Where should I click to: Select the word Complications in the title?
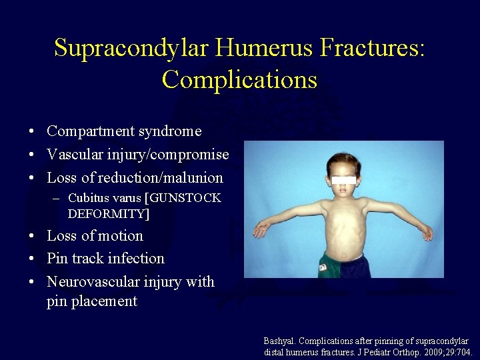point(239,79)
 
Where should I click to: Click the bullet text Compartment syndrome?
point(124,131)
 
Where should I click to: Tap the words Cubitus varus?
point(104,199)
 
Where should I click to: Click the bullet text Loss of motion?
point(95,236)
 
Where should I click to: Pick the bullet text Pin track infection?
point(105,259)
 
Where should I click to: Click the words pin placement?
point(92,301)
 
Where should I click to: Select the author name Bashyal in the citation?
point(280,341)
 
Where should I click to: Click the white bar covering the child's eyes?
point(343,181)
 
